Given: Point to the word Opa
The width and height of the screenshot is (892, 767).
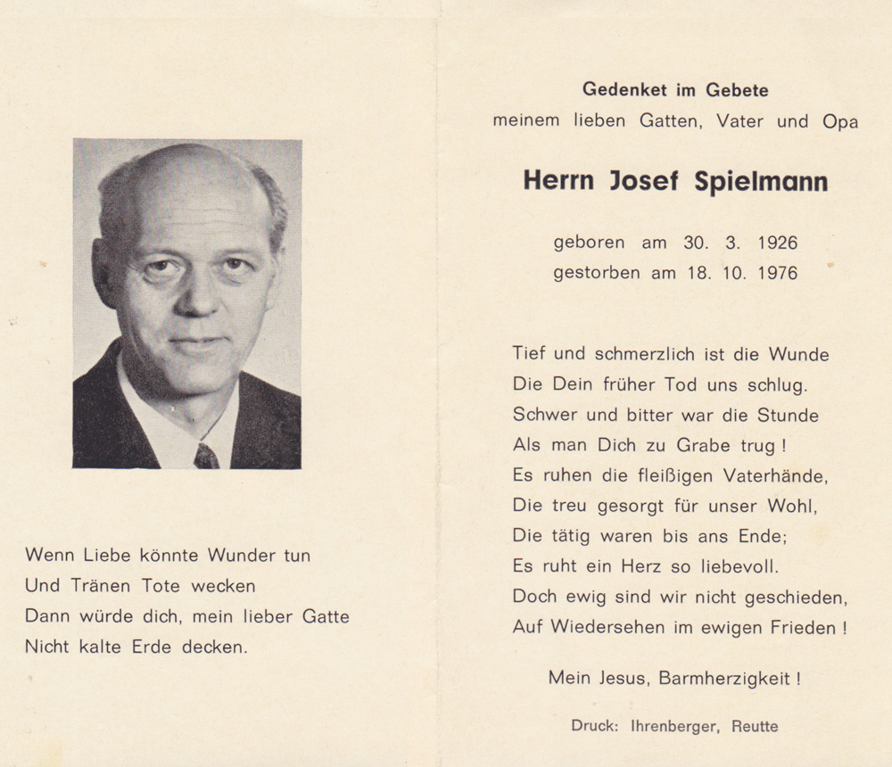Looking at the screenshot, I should coord(841,121).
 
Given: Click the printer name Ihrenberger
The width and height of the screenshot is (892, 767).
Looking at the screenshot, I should coord(669,726).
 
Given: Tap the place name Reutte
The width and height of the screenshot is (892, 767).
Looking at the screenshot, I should coord(755,726).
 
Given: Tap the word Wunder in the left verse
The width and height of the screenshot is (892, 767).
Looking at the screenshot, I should coord(242,555).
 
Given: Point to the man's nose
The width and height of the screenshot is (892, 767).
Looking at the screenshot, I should coord(198,294).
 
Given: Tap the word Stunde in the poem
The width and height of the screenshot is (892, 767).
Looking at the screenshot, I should coord(788,416).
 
